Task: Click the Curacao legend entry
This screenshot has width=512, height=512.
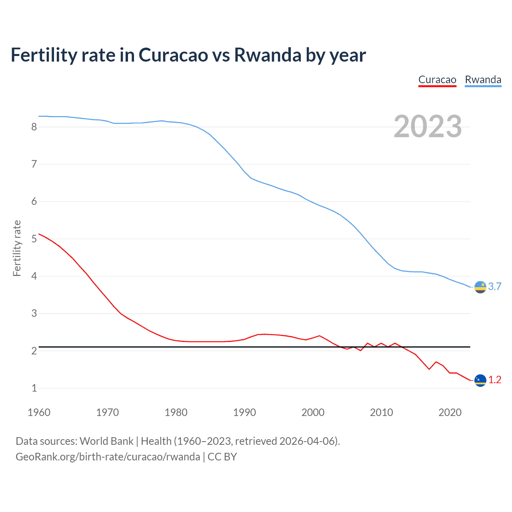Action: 437,80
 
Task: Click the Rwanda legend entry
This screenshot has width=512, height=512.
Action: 483,80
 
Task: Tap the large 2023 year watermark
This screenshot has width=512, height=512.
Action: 428,126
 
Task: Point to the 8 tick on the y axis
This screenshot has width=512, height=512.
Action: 34,127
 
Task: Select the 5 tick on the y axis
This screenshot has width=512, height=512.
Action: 34,239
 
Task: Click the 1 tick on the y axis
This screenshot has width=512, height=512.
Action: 34,388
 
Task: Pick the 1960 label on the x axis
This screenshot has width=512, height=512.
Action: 39,412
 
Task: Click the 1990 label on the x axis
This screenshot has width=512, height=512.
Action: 244,412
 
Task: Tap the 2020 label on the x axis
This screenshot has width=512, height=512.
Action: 450,412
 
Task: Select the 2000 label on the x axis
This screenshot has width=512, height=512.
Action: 313,412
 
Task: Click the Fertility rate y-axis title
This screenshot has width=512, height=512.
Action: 17,248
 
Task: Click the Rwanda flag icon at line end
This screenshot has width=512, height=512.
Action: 480,287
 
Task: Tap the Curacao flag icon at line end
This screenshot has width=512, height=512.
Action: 480,380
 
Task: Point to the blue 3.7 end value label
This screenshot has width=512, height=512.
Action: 495,287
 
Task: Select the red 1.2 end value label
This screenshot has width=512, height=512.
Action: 495,380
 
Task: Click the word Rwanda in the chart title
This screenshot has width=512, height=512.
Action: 268,55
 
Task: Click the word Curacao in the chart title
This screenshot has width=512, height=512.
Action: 173,55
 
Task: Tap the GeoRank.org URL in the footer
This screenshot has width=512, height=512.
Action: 108,457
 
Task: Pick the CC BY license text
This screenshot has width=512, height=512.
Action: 222,457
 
